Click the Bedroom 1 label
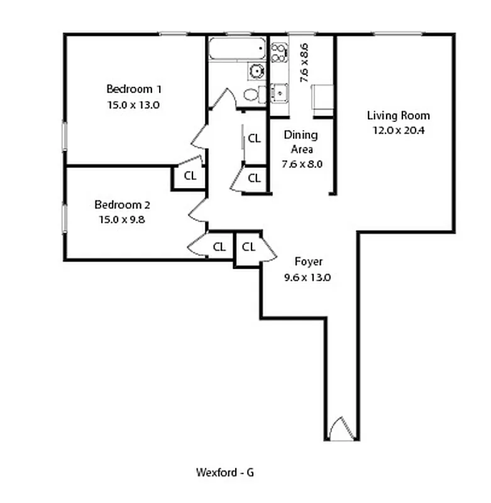point(133,89)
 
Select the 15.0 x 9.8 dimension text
point(122,219)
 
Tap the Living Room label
point(399,115)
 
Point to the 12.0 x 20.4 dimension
point(399,130)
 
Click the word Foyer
point(309,262)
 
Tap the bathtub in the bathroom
point(238,50)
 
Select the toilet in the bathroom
point(251,95)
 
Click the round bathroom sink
point(257,70)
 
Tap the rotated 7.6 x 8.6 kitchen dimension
point(304,63)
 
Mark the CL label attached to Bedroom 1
point(190,176)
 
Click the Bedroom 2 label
point(122,205)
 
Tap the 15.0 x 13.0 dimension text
point(133,105)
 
